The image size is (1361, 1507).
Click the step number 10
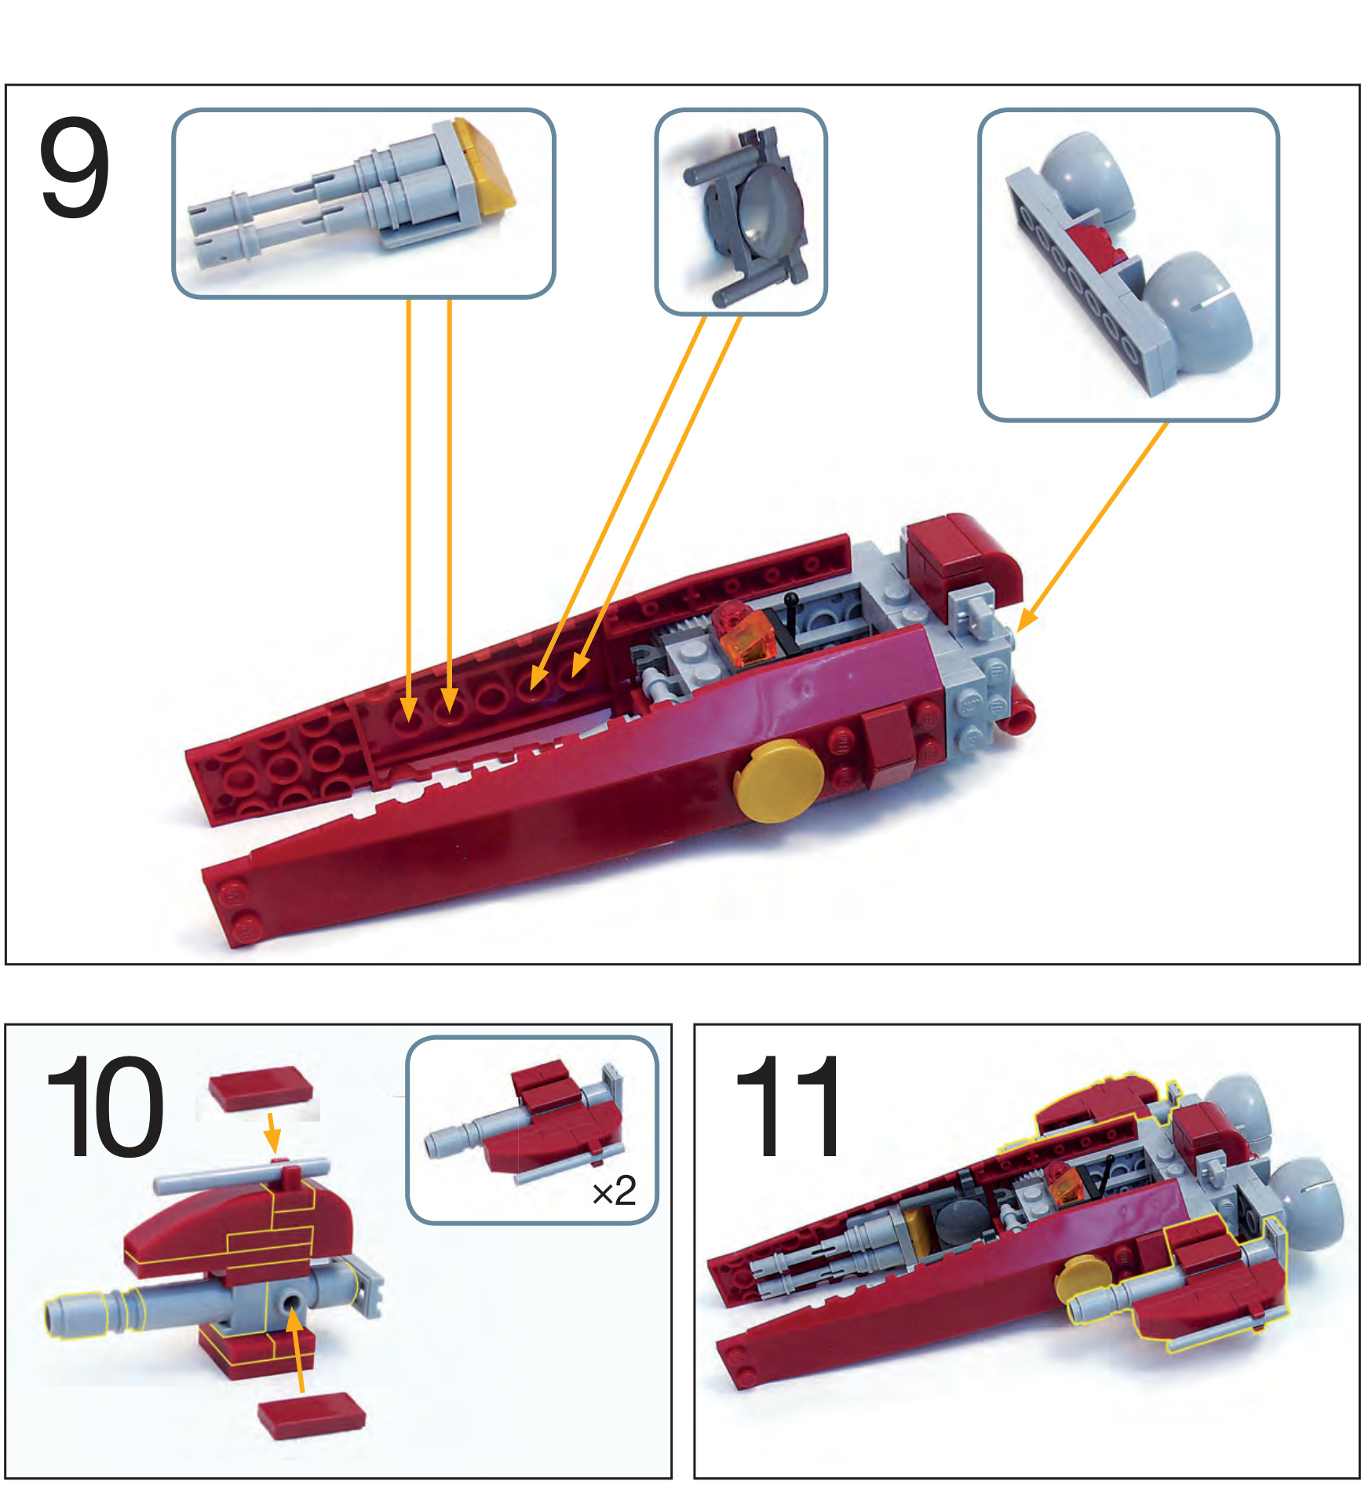click(x=105, y=1106)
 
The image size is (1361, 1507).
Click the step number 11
click(x=788, y=1106)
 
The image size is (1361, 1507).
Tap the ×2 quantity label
click(x=614, y=1191)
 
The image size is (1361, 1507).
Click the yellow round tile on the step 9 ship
click(x=778, y=780)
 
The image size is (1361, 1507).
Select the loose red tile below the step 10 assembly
click(x=312, y=1416)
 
